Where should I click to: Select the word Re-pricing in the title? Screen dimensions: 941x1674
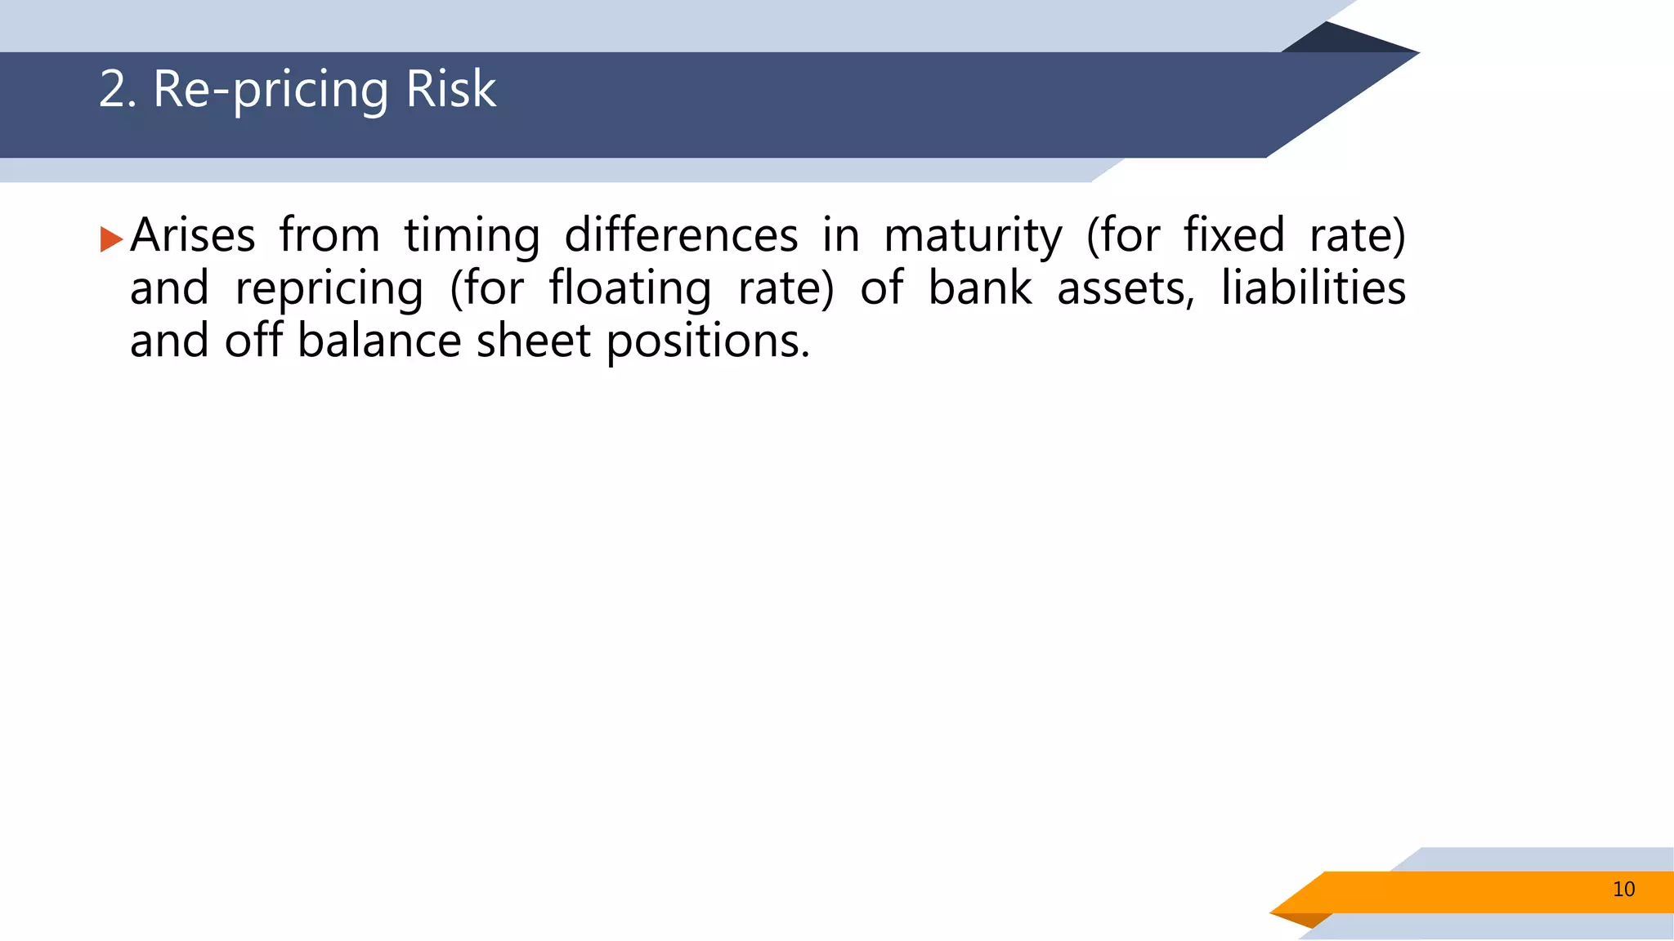[x=271, y=90]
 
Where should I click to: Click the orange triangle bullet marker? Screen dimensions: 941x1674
[x=110, y=239]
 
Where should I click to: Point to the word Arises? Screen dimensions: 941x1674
[x=193, y=235]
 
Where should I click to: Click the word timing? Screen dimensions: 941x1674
[x=472, y=237]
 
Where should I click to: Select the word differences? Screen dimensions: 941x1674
[x=681, y=235]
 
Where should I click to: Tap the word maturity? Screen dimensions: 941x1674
[x=973, y=237]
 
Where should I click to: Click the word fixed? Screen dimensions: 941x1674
[x=1234, y=235]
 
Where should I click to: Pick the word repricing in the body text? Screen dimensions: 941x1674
[x=329, y=290]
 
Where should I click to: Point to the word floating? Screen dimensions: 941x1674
[x=629, y=290]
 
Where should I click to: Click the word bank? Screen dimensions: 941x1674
[x=980, y=288]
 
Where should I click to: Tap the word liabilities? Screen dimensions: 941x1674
[x=1313, y=288]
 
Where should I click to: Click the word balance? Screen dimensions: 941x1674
[x=379, y=341]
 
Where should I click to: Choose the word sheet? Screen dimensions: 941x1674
[x=533, y=341]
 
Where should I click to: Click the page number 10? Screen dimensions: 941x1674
[x=1623, y=890]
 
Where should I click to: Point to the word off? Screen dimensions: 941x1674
[x=253, y=341]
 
